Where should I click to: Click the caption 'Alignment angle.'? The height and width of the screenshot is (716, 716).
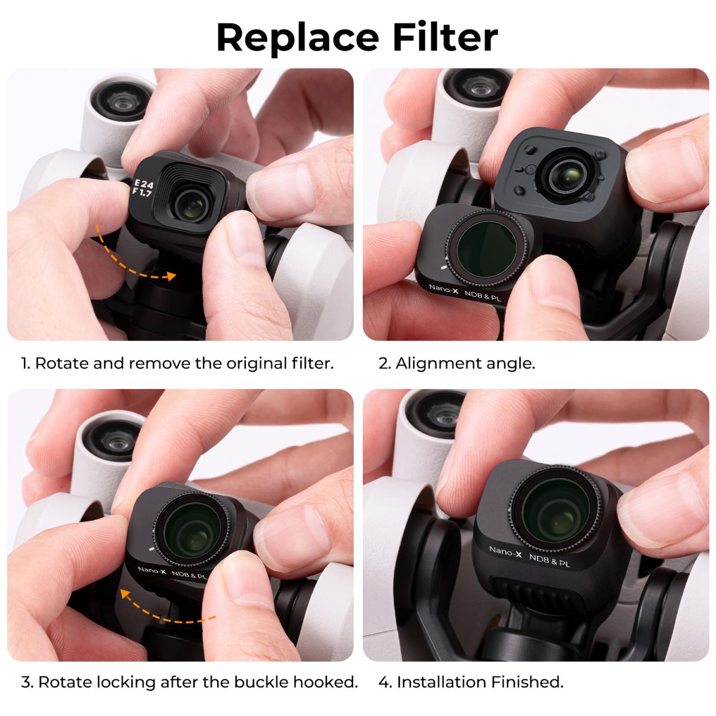pos(465,363)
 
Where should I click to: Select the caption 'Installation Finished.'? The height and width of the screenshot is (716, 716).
pos(480,681)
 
